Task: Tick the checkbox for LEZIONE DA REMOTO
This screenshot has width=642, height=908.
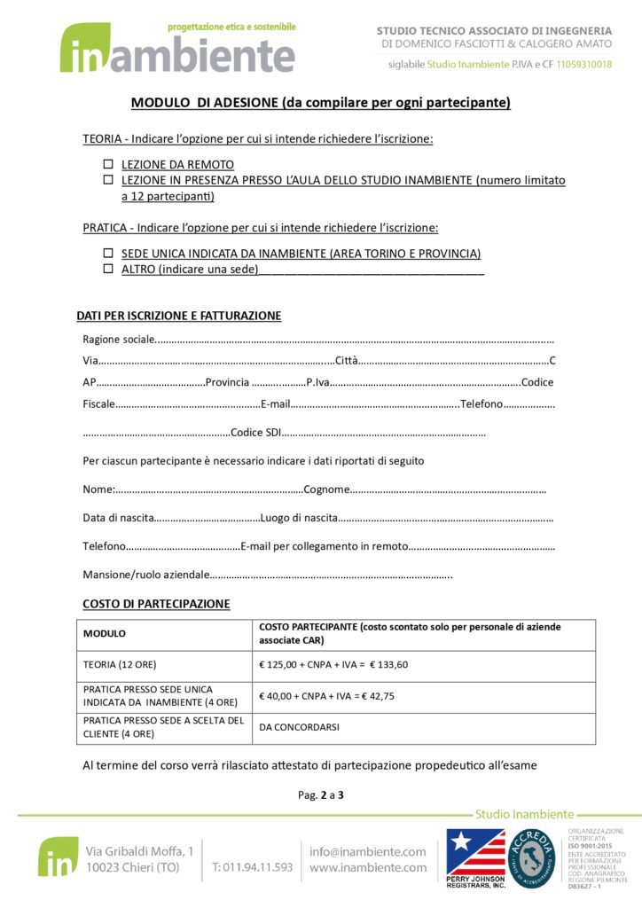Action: click(108, 165)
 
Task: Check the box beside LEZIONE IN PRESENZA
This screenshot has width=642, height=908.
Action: click(108, 180)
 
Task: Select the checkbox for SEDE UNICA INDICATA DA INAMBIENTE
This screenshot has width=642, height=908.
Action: click(108, 253)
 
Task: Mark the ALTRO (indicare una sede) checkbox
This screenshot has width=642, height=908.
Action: click(108, 268)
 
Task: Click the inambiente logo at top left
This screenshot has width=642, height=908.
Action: click(177, 49)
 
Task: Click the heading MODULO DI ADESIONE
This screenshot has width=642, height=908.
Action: click(320, 103)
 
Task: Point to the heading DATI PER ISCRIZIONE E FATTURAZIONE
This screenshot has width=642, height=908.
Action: click(179, 316)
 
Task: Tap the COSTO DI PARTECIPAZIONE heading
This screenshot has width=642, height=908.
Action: click(156, 604)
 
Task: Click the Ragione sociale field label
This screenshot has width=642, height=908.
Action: click(118, 339)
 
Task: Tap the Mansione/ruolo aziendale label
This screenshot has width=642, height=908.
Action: click(146, 575)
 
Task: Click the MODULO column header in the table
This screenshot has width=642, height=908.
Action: click(105, 634)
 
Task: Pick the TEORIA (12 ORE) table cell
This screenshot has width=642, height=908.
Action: click(120, 664)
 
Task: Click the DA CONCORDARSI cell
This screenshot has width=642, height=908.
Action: click(299, 727)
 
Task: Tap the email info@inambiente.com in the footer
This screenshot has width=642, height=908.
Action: click(367, 851)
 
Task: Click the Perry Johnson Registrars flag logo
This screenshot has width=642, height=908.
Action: click(475, 853)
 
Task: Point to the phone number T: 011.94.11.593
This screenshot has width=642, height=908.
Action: click(252, 867)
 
